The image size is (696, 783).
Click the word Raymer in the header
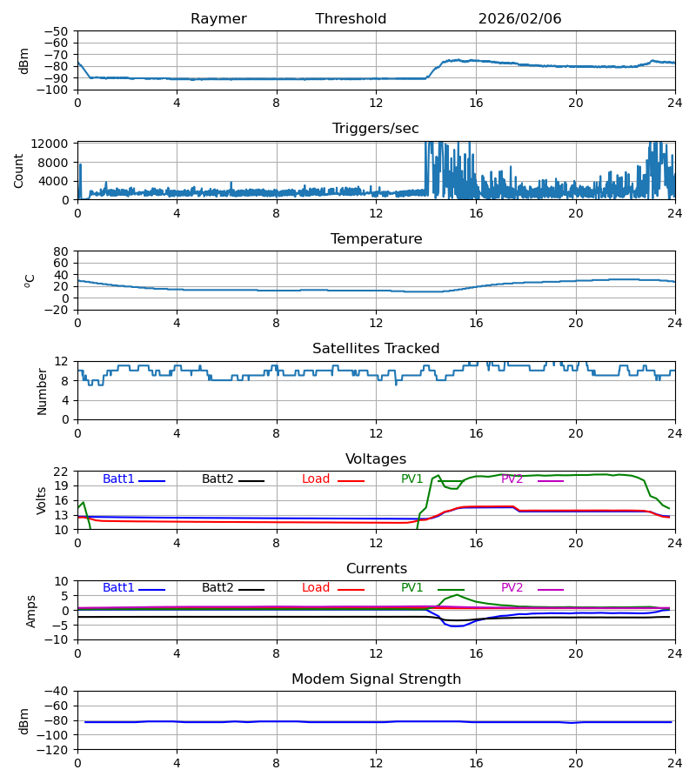(218, 19)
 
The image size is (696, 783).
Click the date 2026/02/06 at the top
(519, 19)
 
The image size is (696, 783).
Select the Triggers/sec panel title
(375, 129)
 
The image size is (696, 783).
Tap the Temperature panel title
(376, 239)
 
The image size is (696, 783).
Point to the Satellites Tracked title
(376, 349)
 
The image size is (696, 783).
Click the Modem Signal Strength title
(376, 679)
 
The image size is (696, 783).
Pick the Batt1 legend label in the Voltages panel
(118, 479)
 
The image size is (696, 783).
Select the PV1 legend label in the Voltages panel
(412, 479)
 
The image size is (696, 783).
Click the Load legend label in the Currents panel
(316, 588)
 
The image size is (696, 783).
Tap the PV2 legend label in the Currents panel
(512, 588)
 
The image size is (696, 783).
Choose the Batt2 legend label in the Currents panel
(217, 588)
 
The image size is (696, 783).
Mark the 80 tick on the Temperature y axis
(62, 251)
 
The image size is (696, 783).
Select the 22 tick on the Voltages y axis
(62, 472)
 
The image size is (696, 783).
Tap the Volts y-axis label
(42, 500)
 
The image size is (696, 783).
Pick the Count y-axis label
(19, 171)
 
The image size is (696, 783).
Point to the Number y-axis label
(42, 391)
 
